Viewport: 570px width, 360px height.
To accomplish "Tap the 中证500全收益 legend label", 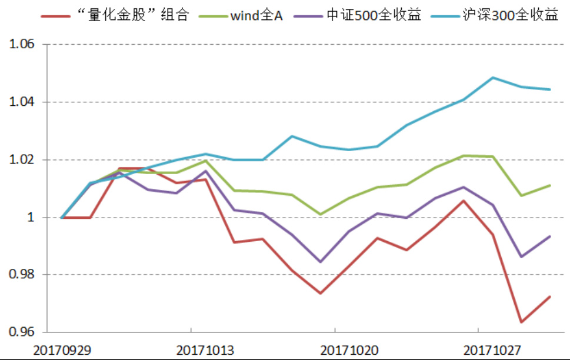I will [x=374, y=15].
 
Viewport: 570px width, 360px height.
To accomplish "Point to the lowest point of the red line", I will [x=521, y=322].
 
